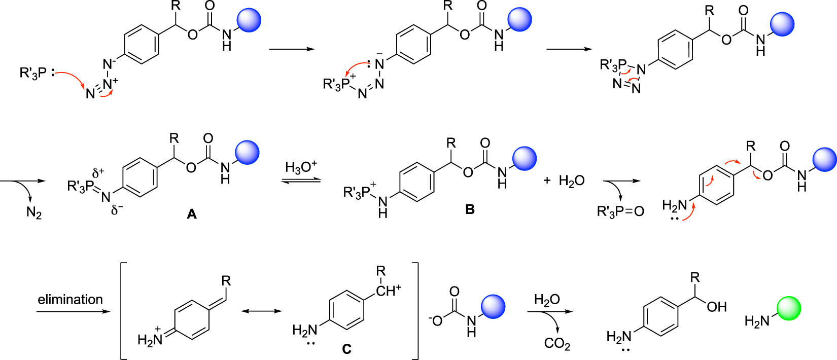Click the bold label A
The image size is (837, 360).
point(191,214)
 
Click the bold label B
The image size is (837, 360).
point(470,209)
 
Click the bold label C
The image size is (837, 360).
point(347,349)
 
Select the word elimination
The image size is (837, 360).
point(70,299)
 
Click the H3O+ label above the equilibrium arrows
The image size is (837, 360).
point(301,167)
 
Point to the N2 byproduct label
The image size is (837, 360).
point(34,212)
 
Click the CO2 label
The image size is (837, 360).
point(556,344)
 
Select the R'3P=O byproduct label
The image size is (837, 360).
point(620,211)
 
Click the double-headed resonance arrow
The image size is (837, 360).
point(261,310)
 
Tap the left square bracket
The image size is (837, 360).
point(123,310)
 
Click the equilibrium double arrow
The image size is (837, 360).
point(301,179)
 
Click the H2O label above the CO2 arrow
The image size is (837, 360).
point(546,300)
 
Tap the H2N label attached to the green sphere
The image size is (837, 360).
point(757,321)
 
